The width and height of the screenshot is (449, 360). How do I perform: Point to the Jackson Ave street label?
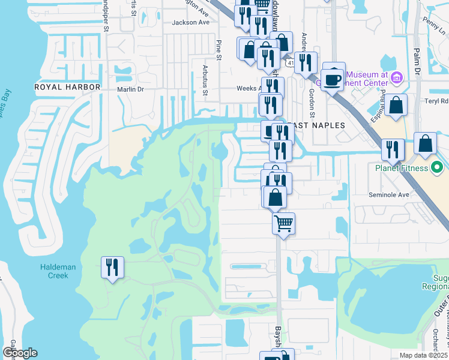190,23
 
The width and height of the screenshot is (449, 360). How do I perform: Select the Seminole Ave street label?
388,195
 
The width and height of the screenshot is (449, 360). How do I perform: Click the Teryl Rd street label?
437,101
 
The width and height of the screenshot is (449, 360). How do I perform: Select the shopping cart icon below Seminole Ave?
283,224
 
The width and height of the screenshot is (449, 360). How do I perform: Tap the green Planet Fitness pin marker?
438,166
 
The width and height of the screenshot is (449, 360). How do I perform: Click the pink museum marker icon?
396,77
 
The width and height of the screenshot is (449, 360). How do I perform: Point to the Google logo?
19,353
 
